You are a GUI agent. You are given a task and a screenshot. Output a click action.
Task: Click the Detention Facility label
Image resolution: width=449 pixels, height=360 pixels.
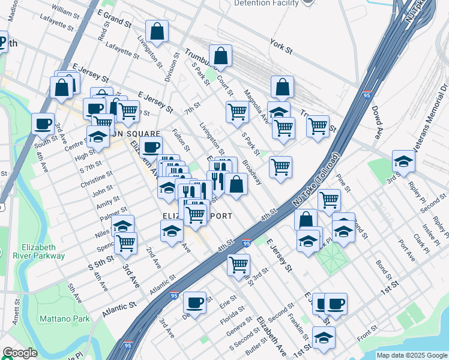266,3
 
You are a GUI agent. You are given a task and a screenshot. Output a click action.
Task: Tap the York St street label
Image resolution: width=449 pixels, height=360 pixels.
281,47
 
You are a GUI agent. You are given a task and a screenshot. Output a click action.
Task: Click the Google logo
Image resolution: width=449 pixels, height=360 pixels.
20,353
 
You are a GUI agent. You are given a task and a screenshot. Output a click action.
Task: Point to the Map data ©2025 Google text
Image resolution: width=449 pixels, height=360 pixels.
411,355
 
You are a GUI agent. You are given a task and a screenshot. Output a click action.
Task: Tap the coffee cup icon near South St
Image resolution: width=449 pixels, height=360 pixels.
43,124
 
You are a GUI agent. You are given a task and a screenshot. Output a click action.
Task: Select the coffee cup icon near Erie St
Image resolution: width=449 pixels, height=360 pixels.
194,302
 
